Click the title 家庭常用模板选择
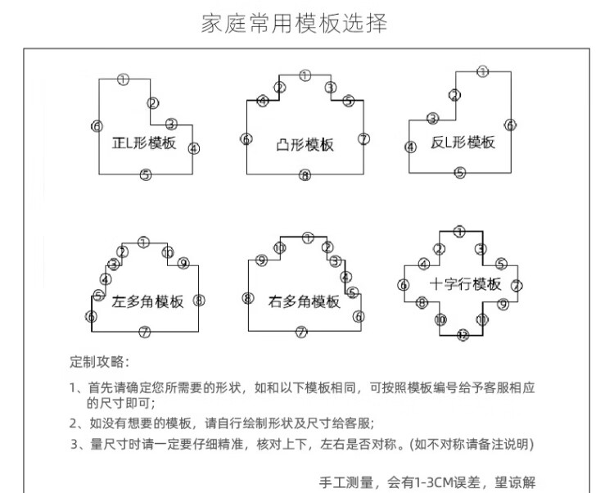[295, 23]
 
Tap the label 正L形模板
[144, 142]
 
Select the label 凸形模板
[305, 145]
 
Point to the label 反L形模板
[463, 142]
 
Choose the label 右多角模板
[304, 301]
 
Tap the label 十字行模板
[465, 284]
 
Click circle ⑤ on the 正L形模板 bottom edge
[145, 174]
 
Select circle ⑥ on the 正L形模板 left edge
[97, 126]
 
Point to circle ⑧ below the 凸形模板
[305, 175]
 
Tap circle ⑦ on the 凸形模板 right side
[364, 138]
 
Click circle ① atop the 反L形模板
[482, 72]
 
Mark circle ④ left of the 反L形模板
[411, 147]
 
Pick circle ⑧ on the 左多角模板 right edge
[199, 300]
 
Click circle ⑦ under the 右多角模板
[301, 332]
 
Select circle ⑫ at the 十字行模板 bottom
[463, 336]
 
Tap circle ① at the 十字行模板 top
[460, 232]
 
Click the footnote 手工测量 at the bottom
[427, 481]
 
